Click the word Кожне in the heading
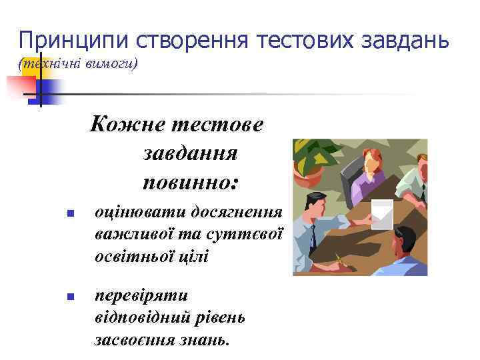pyautogui.click(x=120, y=125)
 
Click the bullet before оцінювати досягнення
pyautogui.click(x=69, y=214)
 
